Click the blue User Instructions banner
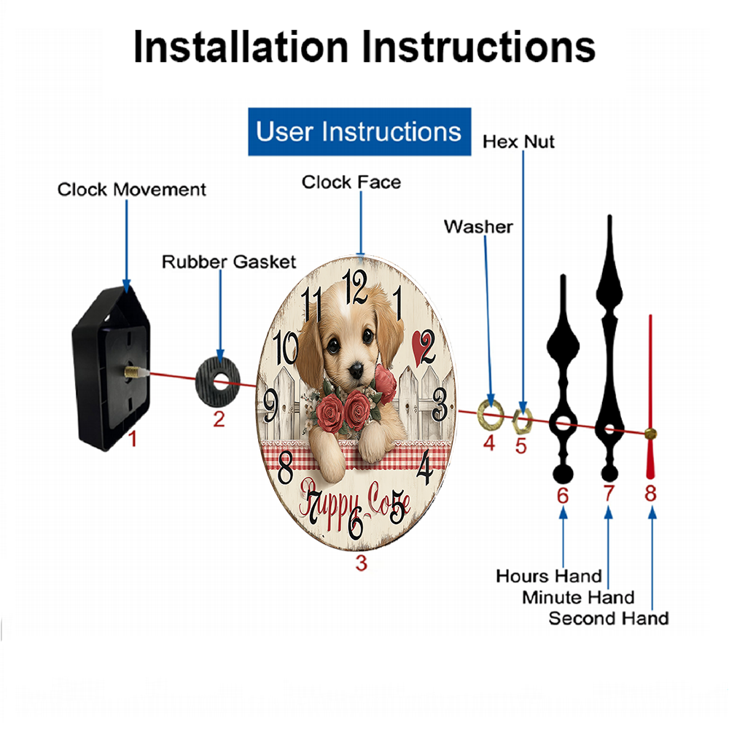coord(359,131)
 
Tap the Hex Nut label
coord(518,142)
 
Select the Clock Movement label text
coord(131,190)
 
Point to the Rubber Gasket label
coord(229,262)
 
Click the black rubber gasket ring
coord(217,382)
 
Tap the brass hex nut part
coord(522,421)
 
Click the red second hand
coord(650,397)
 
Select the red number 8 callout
coord(650,494)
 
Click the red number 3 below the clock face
coord(362,563)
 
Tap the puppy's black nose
coord(356,370)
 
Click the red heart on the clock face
coord(419,347)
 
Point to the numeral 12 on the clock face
coord(355,286)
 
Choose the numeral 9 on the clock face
coord(270,405)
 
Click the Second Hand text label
coord(609,618)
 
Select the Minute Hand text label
coord(578,597)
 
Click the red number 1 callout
coord(133,439)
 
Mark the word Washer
coord(478,227)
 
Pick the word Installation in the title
coord(241,47)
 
